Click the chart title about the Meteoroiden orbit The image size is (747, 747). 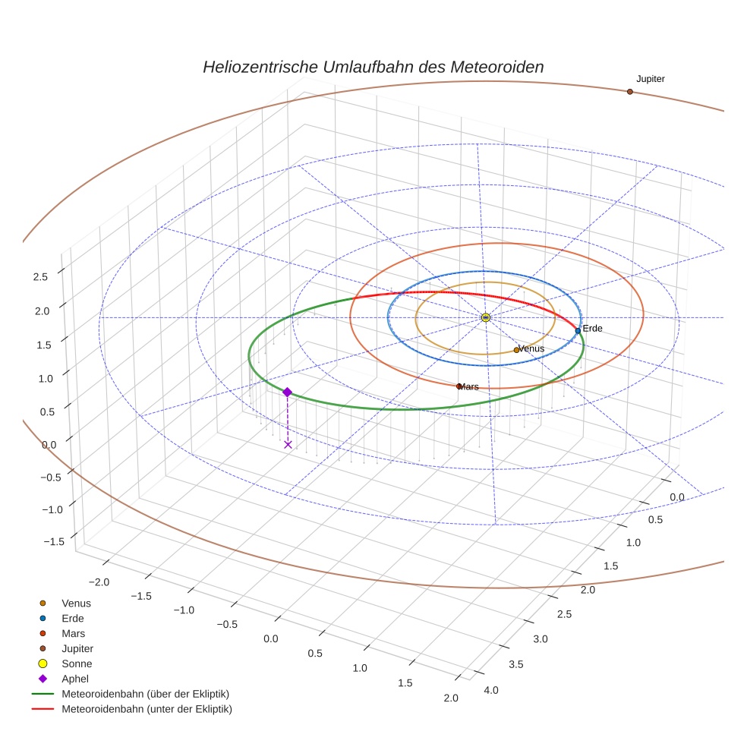373,67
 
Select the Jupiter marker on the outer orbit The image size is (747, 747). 629,92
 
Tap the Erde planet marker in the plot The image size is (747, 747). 578,331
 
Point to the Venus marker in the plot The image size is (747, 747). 516,350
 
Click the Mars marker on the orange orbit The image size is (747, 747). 459,386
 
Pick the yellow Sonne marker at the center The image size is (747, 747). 486,317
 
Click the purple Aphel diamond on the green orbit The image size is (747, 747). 287,392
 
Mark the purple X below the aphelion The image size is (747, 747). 288,444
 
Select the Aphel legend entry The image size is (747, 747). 74,679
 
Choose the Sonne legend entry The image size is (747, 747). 76,663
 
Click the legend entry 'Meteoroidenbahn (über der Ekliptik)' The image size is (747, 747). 145,694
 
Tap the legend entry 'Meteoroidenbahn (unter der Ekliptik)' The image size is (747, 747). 146,709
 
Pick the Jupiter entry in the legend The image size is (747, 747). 77,648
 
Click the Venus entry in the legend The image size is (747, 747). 76,603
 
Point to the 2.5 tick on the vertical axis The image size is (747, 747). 40,277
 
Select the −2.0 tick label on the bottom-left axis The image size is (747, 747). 99,582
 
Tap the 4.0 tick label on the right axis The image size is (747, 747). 490,689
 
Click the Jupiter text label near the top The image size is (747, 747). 651,79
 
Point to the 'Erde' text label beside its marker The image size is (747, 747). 592,328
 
